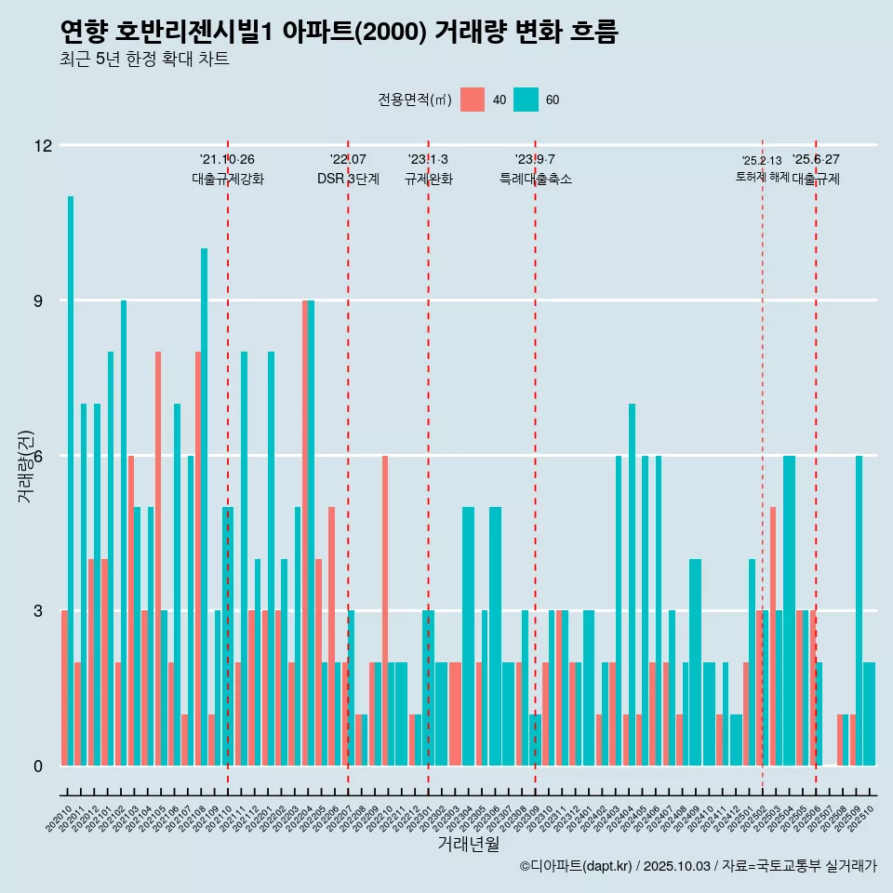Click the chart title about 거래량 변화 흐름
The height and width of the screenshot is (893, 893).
[x=339, y=33]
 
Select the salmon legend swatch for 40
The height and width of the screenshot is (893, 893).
[x=473, y=100]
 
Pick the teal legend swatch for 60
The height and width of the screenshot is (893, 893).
[x=526, y=100]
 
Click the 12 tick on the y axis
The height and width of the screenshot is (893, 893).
[x=43, y=146]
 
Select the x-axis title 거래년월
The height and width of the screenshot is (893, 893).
[x=468, y=845]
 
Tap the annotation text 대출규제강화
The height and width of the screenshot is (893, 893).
[x=228, y=180]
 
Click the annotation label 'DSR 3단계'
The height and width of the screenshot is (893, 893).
[x=348, y=180]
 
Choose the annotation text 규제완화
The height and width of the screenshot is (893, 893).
[x=428, y=180]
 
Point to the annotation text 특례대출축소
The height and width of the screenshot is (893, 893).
[x=535, y=180]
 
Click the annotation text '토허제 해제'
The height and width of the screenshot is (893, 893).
[x=762, y=177]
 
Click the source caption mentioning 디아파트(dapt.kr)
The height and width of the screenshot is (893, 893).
[x=698, y=866]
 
